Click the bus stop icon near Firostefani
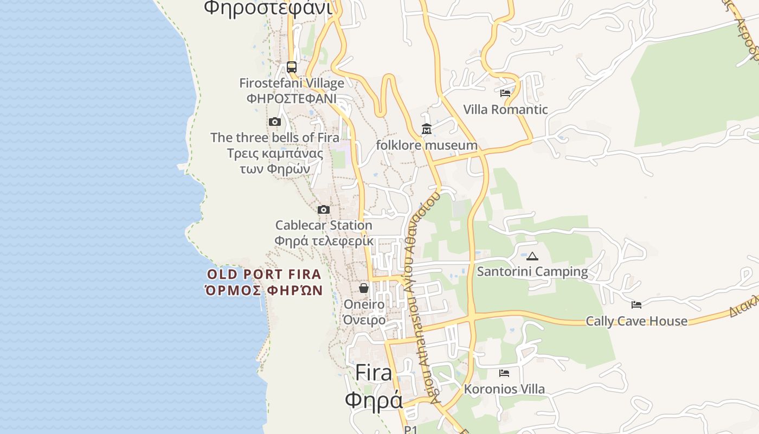click(x=292, y=67)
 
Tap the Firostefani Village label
click(x=292, y=84)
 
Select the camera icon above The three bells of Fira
click(x=275, y=122)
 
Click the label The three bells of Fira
click(x=275, y=138)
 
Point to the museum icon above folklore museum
click(x=427, y=129)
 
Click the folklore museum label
click(x=427, y=145)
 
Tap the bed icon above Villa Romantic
click(x=505, y=93)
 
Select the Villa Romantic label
click(x=505, y=110)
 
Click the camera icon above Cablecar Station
click(x=324, y=209)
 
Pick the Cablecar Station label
click(x=324, y=225)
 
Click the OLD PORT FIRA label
click(x=264, y=275)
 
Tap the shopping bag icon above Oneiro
click(x=364, y=288)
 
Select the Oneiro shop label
click(x=364, y=304)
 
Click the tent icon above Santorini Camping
click(x=532, y=256)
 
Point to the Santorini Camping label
click(x=532, y=272)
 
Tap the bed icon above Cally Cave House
click(x=636, y=305)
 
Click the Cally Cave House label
click(x=636, y=321)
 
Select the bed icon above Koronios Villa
click(x=504, y=373)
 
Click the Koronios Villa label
click(x=504, y=389)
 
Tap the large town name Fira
click(x=374, y=373)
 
